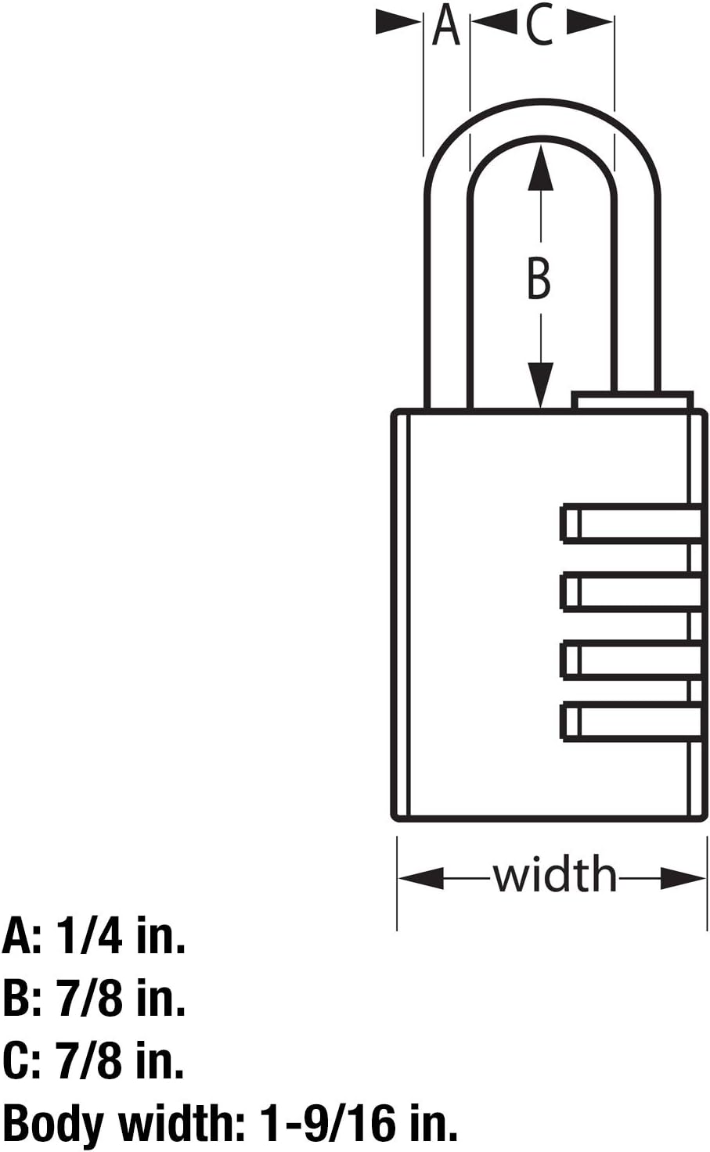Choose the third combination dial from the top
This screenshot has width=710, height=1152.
click(631, 659)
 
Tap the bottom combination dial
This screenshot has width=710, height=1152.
click(631, 722)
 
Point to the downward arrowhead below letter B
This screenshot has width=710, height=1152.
click(540, 385)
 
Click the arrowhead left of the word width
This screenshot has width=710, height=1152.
click(421, 877)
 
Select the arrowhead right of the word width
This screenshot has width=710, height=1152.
click(683, 877)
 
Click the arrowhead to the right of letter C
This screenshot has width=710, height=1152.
click(589, 23)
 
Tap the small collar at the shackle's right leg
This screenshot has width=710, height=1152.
click(633, 401)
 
